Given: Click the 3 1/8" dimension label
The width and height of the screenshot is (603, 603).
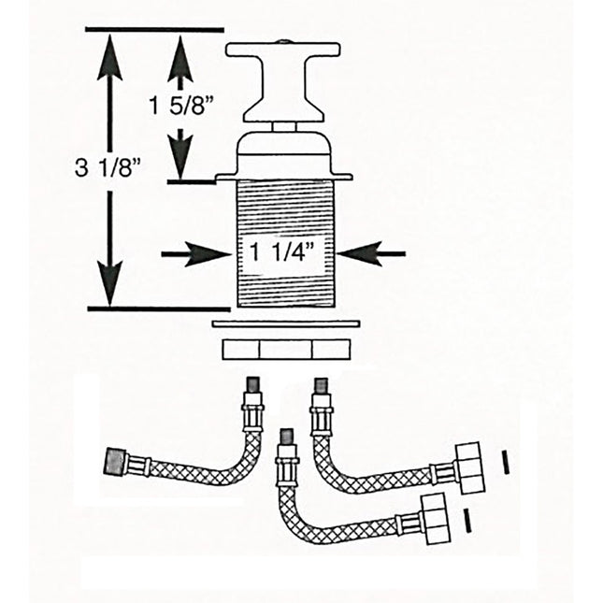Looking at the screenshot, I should (107, 169).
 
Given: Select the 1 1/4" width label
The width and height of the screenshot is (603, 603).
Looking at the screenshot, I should (281, 251).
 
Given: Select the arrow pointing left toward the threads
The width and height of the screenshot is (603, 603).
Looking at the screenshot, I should (372, 252).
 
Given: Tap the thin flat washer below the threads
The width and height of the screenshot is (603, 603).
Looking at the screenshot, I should (286, 323).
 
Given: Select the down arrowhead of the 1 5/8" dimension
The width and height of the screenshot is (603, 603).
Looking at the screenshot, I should (181, 153).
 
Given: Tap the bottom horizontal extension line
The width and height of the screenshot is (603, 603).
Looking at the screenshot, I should (159, 308).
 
